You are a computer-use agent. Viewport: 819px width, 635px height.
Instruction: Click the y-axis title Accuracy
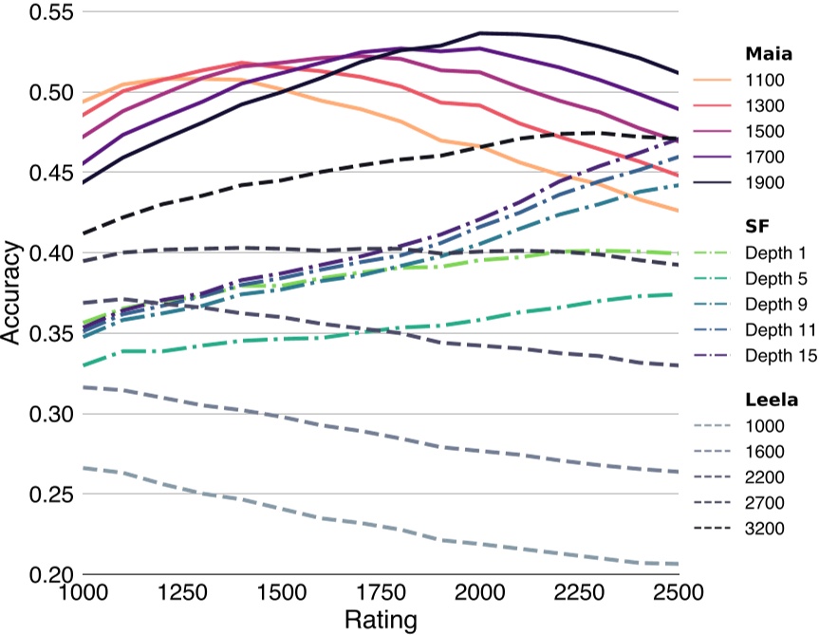12,293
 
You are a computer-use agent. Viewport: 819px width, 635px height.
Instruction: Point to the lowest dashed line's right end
678,564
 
